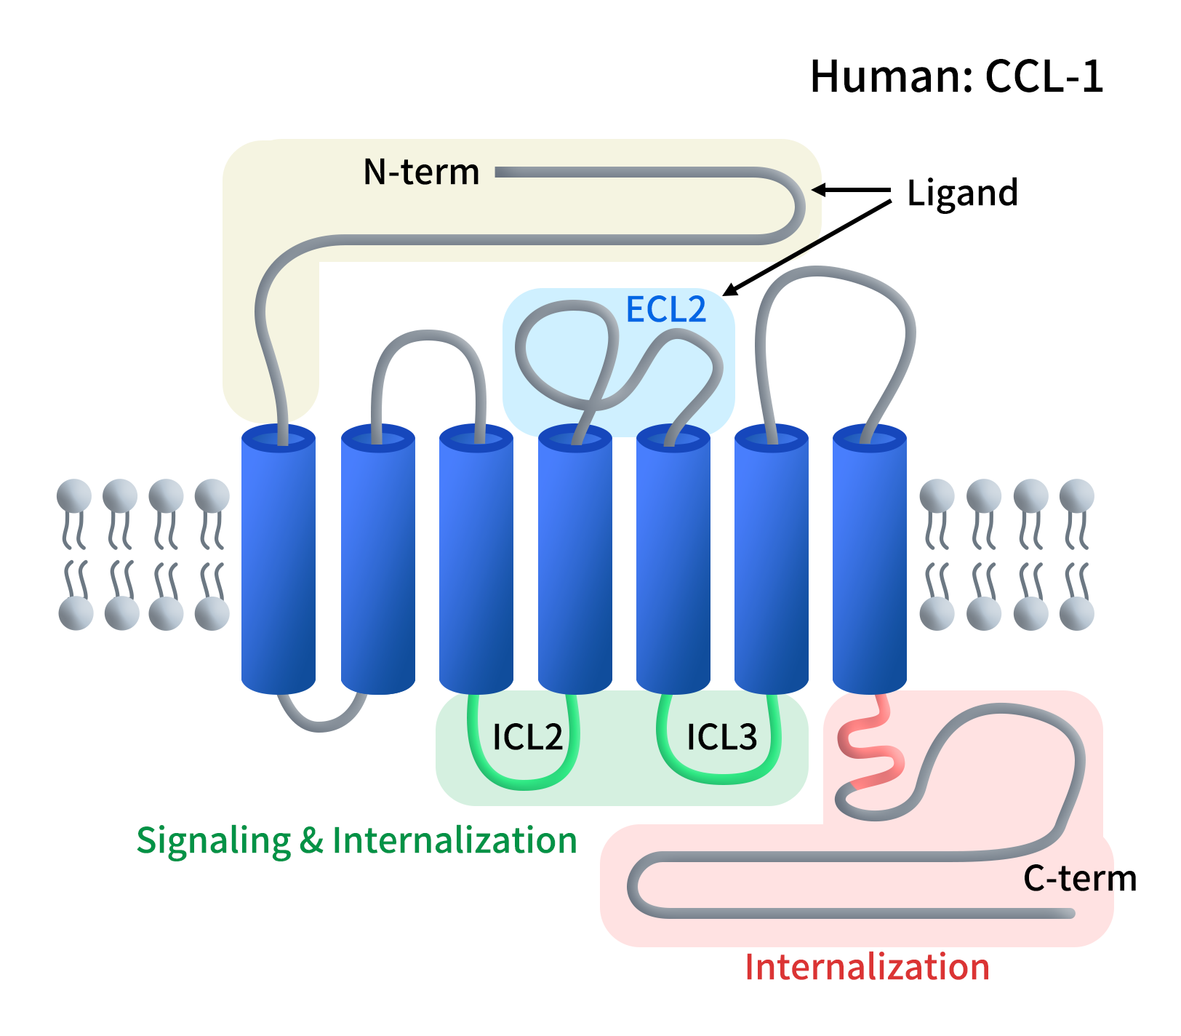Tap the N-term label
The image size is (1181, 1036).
coord(421,172)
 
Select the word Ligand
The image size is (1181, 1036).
coord(962,193)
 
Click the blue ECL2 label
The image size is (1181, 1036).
coord(665,309)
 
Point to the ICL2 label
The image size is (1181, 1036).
coord(527,737)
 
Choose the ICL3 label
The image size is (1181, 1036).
coord(721,737)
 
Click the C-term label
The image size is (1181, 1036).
coord(1079,878)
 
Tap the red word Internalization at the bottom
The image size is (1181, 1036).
coord(867,967)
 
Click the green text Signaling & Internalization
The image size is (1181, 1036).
coord(356,840)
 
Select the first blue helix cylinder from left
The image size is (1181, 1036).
coord(279,560)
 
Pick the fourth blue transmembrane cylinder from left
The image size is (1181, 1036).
coord(575,560)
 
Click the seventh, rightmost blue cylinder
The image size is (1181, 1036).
coord(869,560)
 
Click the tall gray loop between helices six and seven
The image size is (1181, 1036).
coord(836,273)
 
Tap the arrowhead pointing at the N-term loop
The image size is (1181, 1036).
coord(817,191)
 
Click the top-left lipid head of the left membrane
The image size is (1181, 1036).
coord(74,496)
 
